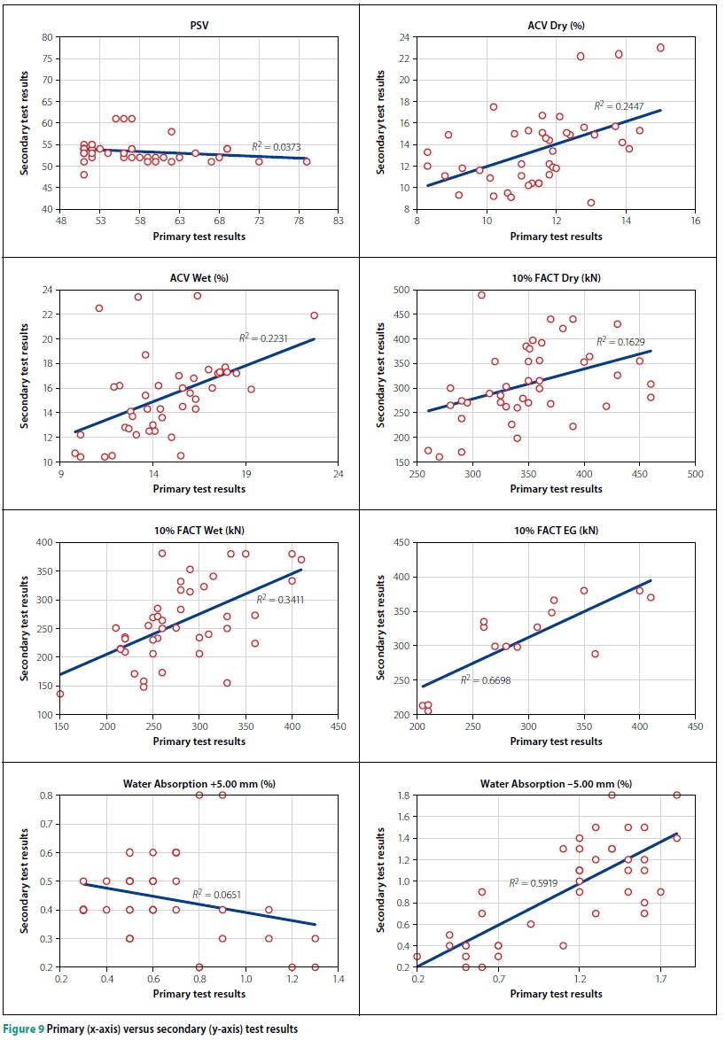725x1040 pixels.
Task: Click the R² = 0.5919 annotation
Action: tap(528, 882)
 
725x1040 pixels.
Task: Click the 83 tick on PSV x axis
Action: tap(339, 221)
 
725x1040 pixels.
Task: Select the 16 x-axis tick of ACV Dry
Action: tap(695, 221)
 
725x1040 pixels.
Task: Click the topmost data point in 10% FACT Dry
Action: tap(481, 295)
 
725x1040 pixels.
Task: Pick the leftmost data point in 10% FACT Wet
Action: tap(60, 694)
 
